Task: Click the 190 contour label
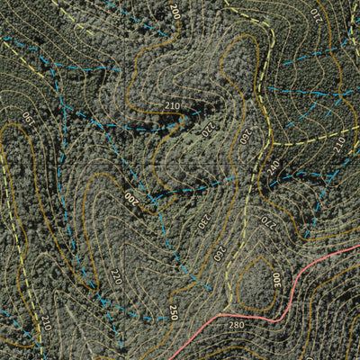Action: [x=27, y=117]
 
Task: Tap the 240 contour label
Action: [x=273, y=166]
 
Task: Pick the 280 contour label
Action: [x=236, y=325]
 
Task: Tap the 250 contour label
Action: [x=173, y=312]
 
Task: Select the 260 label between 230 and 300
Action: [x=219, y=253]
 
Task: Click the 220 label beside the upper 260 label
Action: [x=207, y=129]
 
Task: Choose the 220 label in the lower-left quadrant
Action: [x=115, y=276]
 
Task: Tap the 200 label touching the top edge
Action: [x=175, y=11]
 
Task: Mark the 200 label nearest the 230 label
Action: [x=130, y=197]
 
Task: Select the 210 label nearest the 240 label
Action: [x=338, y=142]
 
